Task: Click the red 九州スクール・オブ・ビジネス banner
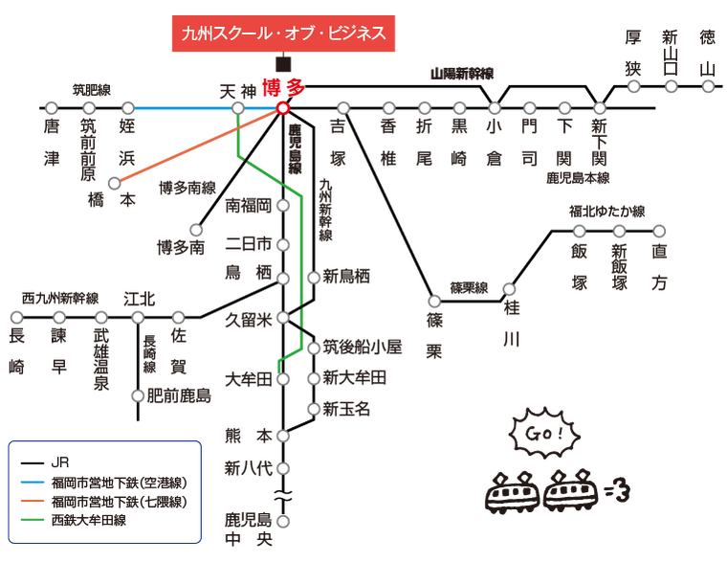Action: [283, 34]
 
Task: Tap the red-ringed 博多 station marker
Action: [282, 108]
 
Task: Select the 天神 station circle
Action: [238, 108]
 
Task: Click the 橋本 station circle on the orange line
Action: [114, 183]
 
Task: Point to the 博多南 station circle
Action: [196, 230]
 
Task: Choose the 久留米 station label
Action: [249, 320]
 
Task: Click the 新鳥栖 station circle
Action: [314, 278]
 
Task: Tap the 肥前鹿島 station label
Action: [179, 395]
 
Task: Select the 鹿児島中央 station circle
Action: [283, 521]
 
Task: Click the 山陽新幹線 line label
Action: [462, 74]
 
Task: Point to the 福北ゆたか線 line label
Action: [606, 212]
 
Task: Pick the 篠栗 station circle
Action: [434, 302]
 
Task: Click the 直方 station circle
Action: [659, 231]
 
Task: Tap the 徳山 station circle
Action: [708, 86]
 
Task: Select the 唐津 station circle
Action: [52, 108]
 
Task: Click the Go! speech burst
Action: [544, 434]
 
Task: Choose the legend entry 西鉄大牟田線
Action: [89, 520]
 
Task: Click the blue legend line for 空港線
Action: [33, 483]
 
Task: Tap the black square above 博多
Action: [283, 64]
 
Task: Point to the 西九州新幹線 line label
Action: [60, 299]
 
